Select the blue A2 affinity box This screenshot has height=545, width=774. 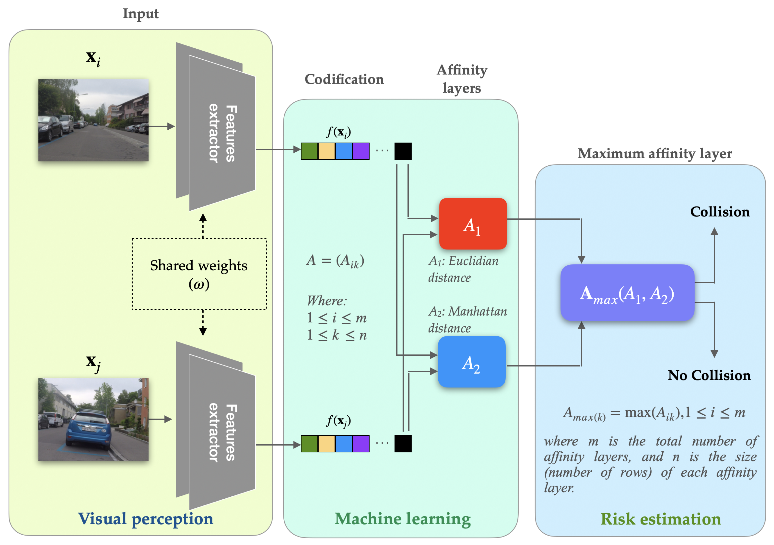(x=472, y=362)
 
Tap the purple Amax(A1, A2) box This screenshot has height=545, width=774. (x=627, y=293)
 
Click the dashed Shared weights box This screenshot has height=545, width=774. (x=199, y=274)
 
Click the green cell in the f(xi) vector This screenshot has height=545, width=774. (x=310, y=151)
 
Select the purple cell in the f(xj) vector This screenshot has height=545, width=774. (x=361, y=444)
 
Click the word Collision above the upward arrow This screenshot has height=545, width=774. (x=720, y=212)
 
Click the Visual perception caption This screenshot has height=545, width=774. (x=146, y=519)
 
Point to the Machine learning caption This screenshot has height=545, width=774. (x=403, y=519)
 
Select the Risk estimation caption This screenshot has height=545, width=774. (x=661, y=519)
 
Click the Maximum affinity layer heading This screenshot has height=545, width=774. (x=655, y=154)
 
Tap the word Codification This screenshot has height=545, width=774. (x=344, y=79)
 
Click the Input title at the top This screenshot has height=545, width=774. (x=140, y=14)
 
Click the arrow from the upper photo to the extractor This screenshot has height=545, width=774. (x=161, y=126)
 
